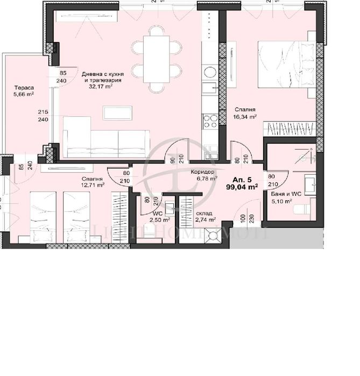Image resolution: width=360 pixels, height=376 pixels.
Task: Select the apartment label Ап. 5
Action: point(241,179)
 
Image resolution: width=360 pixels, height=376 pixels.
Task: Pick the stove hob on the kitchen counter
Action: point(210,122)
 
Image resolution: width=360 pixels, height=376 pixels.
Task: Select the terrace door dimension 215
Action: point(43,112)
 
